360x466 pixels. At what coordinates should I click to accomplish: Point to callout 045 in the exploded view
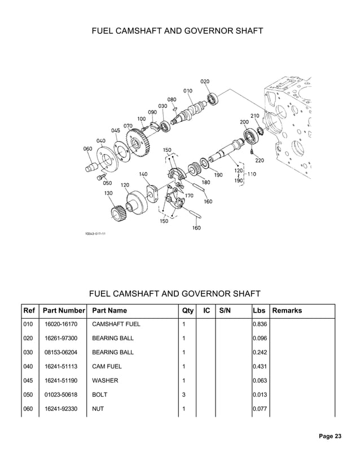(115, 130)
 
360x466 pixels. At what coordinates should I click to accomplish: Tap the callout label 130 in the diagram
(108, 192)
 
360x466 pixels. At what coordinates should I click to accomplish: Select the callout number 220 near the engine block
(260, 160)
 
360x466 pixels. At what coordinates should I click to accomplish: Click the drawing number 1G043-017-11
(96, 233)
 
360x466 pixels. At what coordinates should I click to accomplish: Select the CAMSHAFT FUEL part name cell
(116, 324)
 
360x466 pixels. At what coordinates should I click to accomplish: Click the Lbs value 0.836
(260, 324)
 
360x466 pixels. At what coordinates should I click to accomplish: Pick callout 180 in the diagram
(206, 182)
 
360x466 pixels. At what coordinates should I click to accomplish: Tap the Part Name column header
(109, 310)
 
